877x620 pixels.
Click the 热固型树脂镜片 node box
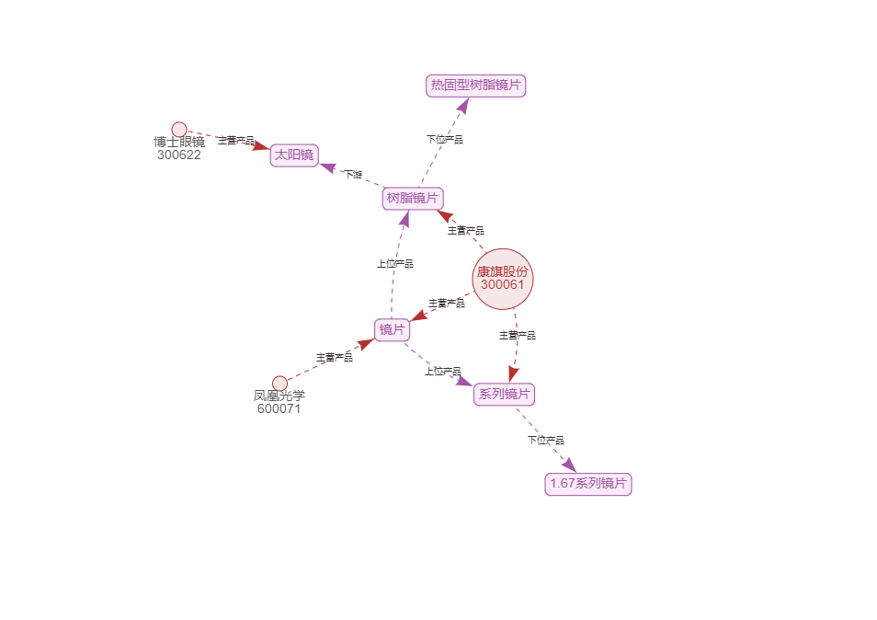coord(476,86)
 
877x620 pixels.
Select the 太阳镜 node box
coord(294,155)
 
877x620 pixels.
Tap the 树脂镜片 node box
coord(413,198)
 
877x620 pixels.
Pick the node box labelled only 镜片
coord(393,329)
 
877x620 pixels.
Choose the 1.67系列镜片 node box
coord(588,483)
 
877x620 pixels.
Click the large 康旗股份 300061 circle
coord(503,278)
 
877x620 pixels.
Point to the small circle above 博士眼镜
coord(179,130)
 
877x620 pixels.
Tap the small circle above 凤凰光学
coord(279,383)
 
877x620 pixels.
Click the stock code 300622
coord(179,155)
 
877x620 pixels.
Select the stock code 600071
coord(279,408)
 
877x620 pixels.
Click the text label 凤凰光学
coord(279,396)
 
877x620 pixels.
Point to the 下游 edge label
coord(353,174)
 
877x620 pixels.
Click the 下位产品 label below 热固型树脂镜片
coord(445,140)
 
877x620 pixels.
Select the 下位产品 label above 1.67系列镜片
coord(546,441)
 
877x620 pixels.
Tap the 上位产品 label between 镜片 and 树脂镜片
coord(395,264)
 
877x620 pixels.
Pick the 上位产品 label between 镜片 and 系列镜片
coord(443,372)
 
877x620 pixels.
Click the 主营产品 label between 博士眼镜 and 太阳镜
coord(236,141)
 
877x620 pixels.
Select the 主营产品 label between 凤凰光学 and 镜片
coord(335,357)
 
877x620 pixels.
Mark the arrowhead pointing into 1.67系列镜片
coord(568,465)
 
